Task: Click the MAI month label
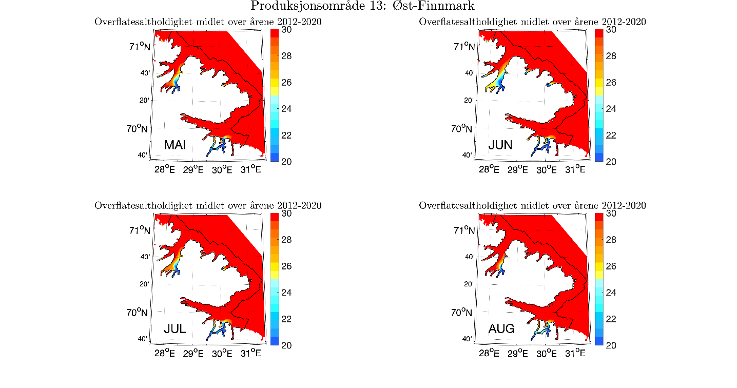[174, 145]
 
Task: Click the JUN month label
[500, 145]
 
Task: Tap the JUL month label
[174, 328]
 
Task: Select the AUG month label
[501, 328]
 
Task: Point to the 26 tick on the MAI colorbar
[286, 82]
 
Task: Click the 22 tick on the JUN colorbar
[611, 135]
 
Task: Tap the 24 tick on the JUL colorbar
[286, 293]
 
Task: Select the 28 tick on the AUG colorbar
[611, 240]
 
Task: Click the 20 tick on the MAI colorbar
[286, 162]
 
